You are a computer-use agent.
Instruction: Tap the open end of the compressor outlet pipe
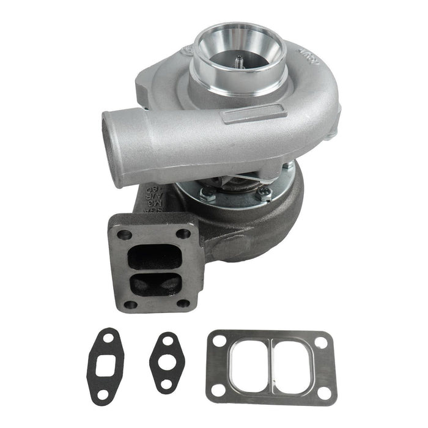[x=113, y=147]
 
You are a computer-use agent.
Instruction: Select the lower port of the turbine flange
[x=156, y=283]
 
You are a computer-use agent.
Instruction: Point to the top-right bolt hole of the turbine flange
[x=183, y=233]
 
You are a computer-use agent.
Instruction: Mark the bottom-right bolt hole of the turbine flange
[x=183, y=303]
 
